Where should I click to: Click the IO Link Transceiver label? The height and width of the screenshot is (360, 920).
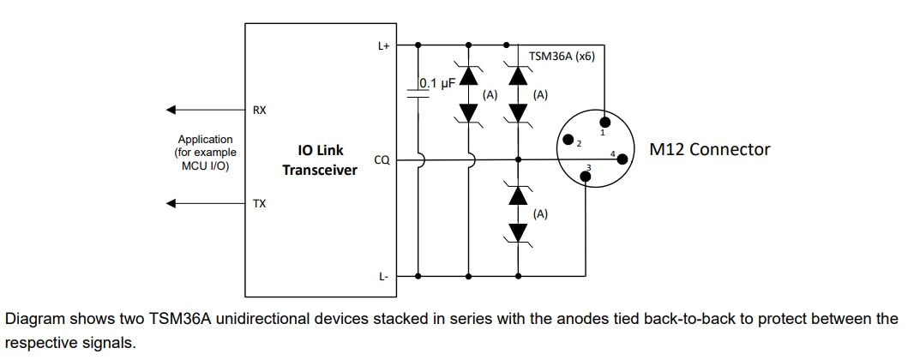point(319,159)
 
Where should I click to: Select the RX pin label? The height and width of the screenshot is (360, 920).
point(259,110)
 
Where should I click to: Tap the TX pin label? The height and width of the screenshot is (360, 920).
point(259,203)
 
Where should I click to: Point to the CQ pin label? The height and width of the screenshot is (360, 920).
point(382,159)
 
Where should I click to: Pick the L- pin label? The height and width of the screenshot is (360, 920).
point(384,275)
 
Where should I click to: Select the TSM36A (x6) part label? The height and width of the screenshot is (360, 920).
point(562,57)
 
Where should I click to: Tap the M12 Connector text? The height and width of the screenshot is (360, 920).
point(709,149)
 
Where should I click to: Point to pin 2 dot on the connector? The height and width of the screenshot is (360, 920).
point(566,140)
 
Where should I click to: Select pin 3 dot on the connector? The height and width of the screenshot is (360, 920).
point(586,177)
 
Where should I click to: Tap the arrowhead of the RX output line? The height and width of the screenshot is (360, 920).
point(171,110)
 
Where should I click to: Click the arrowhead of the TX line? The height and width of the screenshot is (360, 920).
point(171,203)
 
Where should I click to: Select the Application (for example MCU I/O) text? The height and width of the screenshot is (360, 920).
point(205,152)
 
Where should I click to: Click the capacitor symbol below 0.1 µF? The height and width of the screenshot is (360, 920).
point(418,93)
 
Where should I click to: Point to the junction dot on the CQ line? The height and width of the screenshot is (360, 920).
point(517,159)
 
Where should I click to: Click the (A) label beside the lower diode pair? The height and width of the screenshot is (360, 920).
point(540,214)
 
